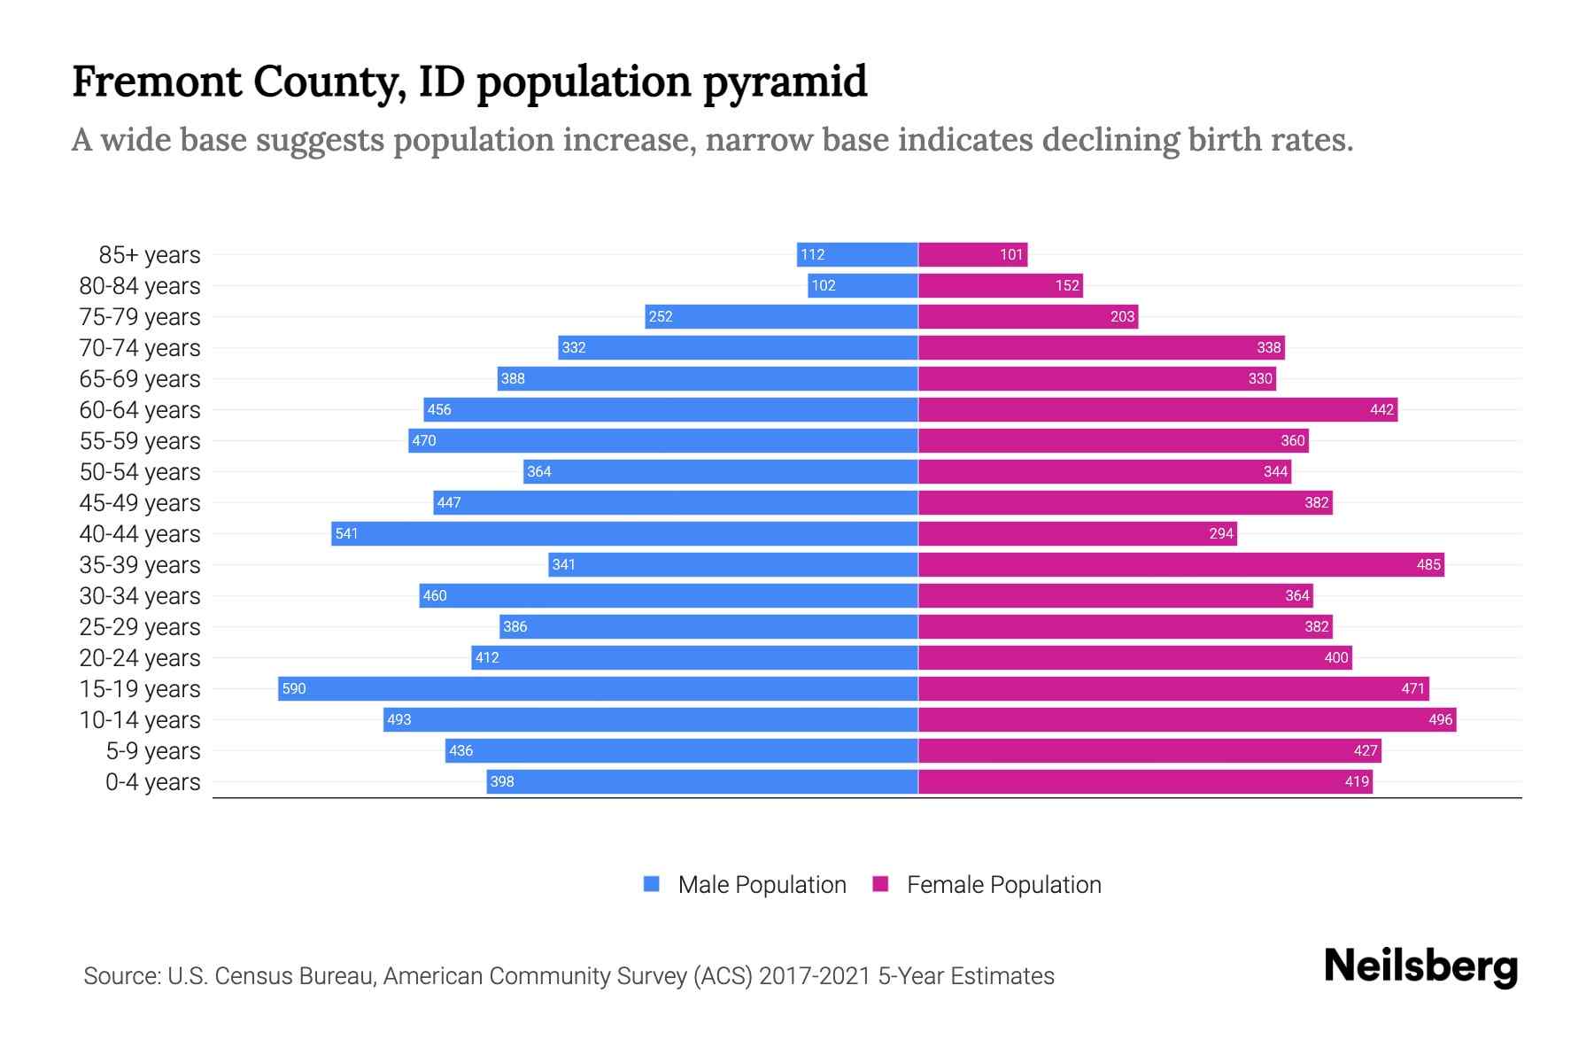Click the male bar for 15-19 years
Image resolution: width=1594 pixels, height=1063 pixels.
pyautogui.click(x=598, y=688)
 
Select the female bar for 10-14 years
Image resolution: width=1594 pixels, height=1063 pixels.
pyautogui.click(x=1187, y=719)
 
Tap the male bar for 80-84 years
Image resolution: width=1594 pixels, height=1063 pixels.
pyautogui.click(x=863, y=285)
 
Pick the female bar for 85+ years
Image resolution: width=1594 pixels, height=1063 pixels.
pyautogui.click(x=972, y=254)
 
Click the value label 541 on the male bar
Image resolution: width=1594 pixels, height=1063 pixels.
pyautogui.click(x=346, y=533)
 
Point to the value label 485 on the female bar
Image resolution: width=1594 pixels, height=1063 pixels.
pyautogui.click(x=1428, y=564)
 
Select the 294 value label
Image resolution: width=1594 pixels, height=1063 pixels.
pyautogui.click(x=1221, y=533)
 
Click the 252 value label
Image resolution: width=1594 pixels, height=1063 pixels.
pyautogui.click(x=661, y=316)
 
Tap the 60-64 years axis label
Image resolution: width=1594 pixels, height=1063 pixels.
pyautogui.click(x=140, y=410)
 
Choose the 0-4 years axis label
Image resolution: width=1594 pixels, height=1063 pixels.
pyautogui.click(x=152, y=782)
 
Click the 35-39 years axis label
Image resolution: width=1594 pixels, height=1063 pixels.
pyautogui.click(x=140, y=565)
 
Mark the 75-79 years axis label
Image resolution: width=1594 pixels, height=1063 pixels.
pyautogui.click(x=140, y=317)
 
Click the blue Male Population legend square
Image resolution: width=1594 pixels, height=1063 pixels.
pyautogui.click(x=652, y=884)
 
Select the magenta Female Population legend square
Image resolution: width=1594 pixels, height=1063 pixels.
pyautogui.click(x=880, y=884)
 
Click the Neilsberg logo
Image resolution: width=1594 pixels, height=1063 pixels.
pyautogui.click(x=1420, y=966)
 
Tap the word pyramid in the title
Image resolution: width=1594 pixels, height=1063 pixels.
pyautogui.click(x=785, y=82)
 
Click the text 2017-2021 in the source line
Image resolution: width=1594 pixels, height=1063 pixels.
pyautogui.click(x=815, y=976)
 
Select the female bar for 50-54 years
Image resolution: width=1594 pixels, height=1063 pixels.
pyautogui.click(x=1104, y=471)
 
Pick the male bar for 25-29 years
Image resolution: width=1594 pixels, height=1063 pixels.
pyautogui.click(x=708, y=626)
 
